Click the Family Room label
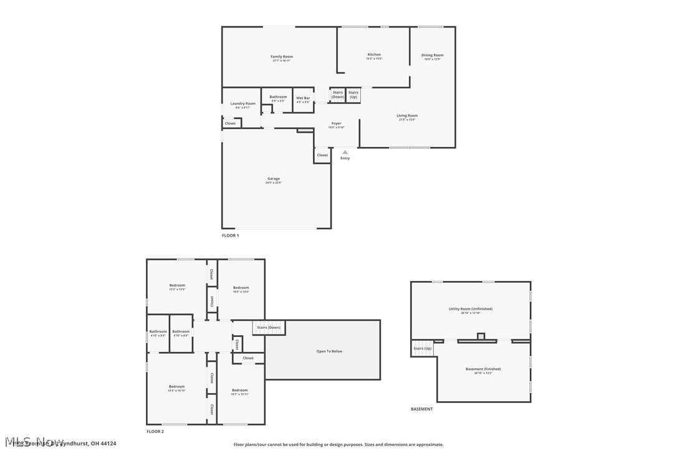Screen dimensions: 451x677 [x=281, y=57]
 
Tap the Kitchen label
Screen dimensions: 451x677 [x=374, y=55]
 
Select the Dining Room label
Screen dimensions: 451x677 [x=432, y=55]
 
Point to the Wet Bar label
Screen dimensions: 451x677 [x=303, y=98]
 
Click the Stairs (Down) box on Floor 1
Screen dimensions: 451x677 [x=338, y=95]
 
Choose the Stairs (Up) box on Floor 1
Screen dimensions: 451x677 [x=353, y=95]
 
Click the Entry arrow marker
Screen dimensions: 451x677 [x=345, y=152]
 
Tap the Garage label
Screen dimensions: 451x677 [x=274, y=179]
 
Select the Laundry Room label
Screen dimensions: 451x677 [x=242, y=103]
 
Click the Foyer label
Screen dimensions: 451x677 [x=336, y=123]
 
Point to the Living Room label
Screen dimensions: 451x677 [x=407, y=115]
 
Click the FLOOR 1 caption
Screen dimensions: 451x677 [x=230, y=235]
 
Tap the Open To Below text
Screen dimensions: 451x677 [x=329, y=351]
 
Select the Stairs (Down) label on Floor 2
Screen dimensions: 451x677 [x=269, y=328]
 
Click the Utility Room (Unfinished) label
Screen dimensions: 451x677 [x=470, y=309]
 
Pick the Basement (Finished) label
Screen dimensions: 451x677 [x=483, y=369]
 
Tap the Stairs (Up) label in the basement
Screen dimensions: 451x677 [x=423, y=348]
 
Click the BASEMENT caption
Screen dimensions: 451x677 [x=421, y=409]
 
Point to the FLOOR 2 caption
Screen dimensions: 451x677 [x=155, y=431]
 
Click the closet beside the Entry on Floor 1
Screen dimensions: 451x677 [x=322, y=155]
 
